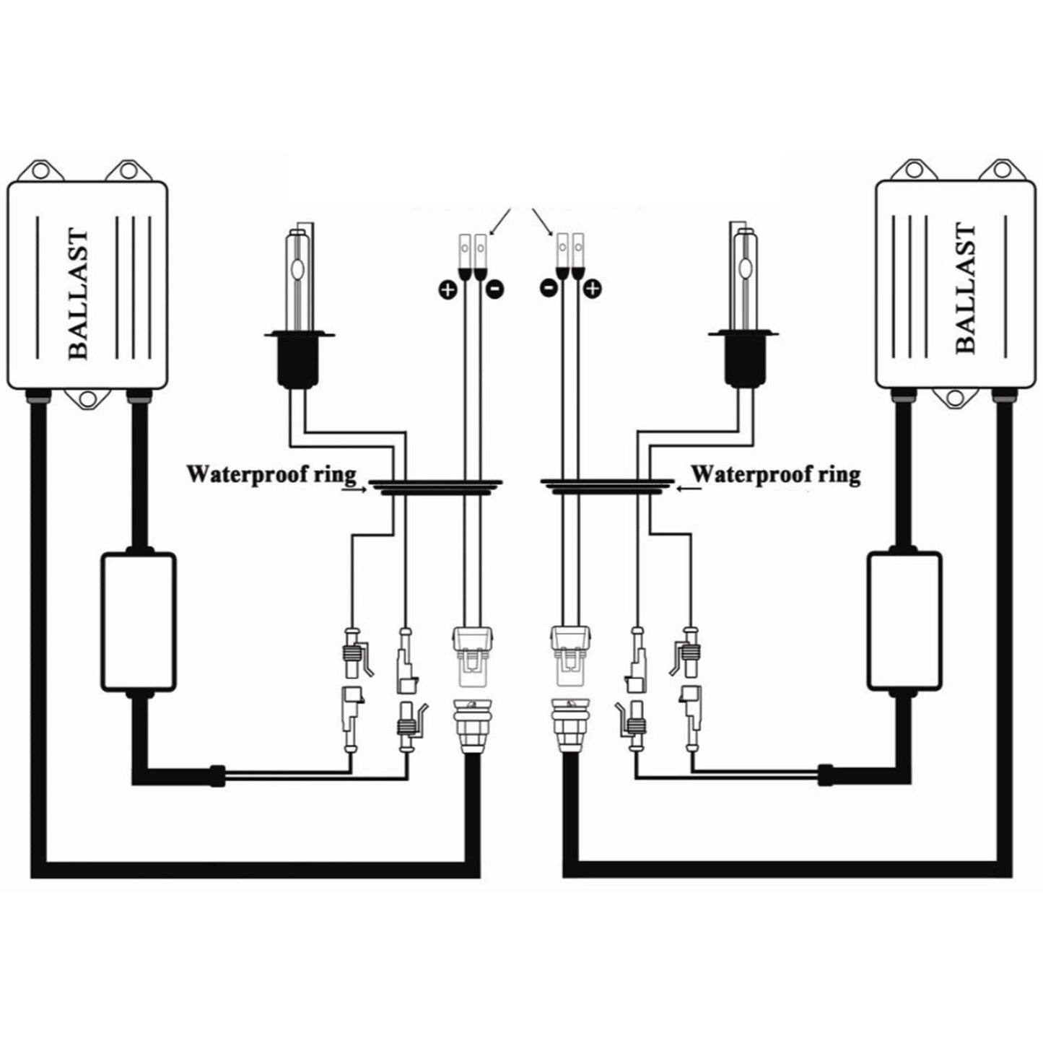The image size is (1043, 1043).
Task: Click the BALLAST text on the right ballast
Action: (965, 289)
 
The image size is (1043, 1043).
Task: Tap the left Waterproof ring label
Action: (271, 475)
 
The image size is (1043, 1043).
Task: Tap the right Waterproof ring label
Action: (776, 475)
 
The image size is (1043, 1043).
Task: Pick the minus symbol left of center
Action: (496, 289)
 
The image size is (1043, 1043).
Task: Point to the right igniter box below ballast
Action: (904, 621)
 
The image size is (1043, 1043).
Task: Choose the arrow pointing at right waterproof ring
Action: (689, 489)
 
